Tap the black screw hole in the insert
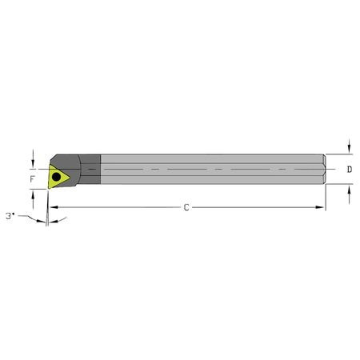58,176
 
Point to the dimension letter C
186,208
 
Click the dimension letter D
350,170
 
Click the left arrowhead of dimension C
51,208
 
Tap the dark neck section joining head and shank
90,170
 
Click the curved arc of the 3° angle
35,219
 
